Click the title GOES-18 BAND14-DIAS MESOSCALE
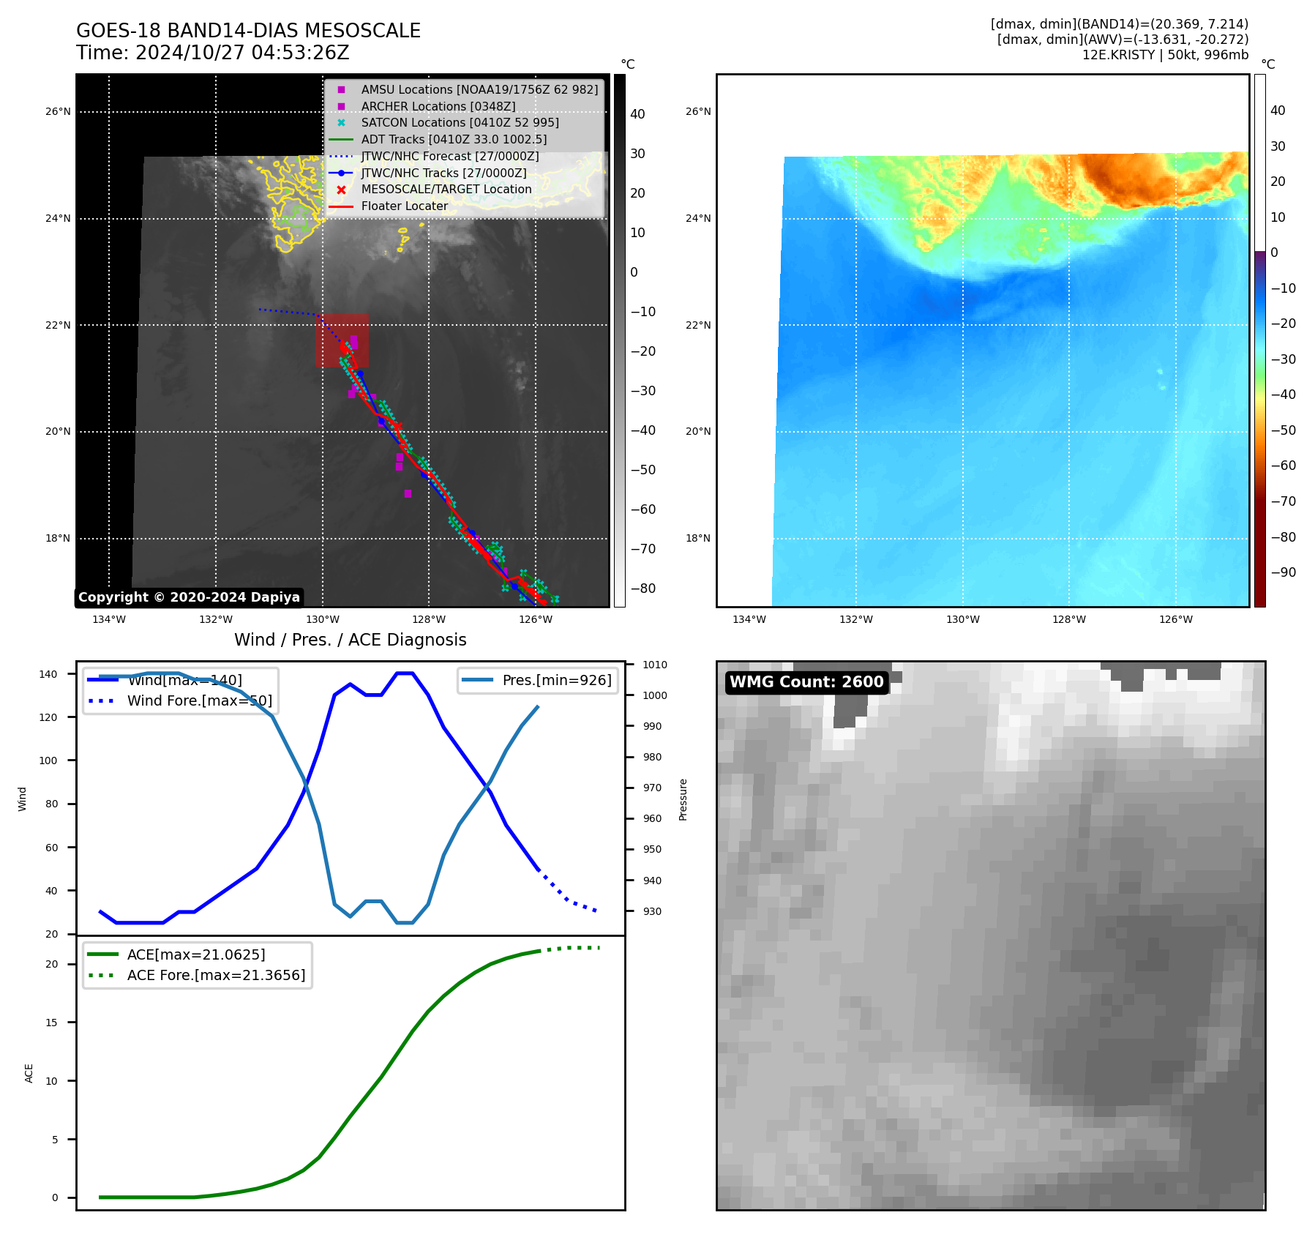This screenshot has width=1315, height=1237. pos(248,31)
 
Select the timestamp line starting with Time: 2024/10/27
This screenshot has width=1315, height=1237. pos(212,53)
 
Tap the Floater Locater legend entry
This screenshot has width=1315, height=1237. pos(404,206)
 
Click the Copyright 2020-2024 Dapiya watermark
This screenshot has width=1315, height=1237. pos(189,597)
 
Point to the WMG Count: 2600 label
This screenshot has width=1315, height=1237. pos(806,682)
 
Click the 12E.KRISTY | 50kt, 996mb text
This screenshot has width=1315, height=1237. pos(1165,55)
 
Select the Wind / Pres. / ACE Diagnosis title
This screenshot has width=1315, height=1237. pos(350,640)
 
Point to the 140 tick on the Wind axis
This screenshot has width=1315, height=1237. pos(48,674)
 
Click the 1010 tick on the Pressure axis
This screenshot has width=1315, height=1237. pos(655,665)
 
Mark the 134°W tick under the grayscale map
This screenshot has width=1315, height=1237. pos(109,619)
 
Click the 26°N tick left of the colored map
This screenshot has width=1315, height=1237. pos(697,111)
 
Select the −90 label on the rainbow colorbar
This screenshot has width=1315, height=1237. pos(1283,572)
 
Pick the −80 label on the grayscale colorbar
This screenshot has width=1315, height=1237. pos(643,588)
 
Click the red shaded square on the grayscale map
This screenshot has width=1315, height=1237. pos(342,340)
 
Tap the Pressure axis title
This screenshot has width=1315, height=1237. pos(683,799)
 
